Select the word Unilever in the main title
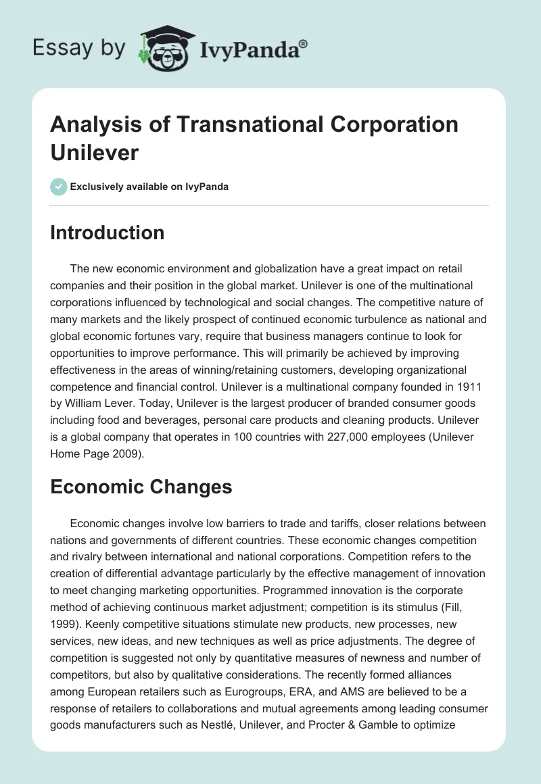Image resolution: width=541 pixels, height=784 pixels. (x=95, y=152)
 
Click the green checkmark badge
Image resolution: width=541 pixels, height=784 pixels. (x=59, y=187)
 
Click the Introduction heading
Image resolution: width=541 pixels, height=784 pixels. (x=108, y=232)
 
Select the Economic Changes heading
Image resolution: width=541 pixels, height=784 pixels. (x=141, y=487)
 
